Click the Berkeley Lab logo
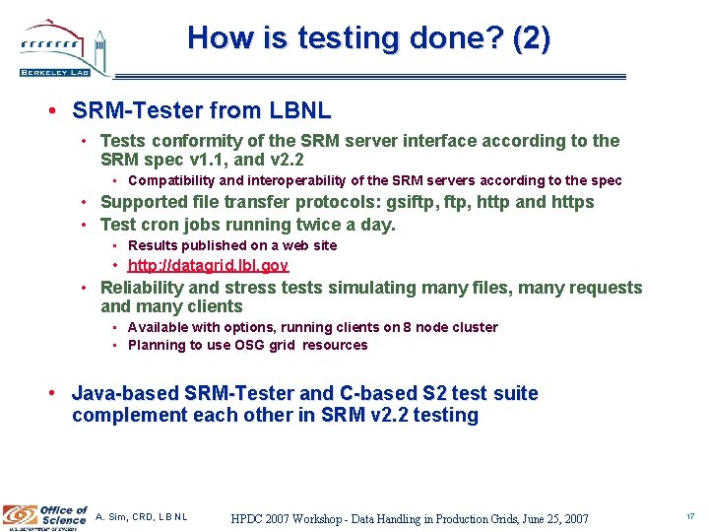coord(62,49)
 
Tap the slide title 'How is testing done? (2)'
coord(369,38)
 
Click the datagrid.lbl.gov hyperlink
coord(208,266)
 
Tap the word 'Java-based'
coord(117,394)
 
